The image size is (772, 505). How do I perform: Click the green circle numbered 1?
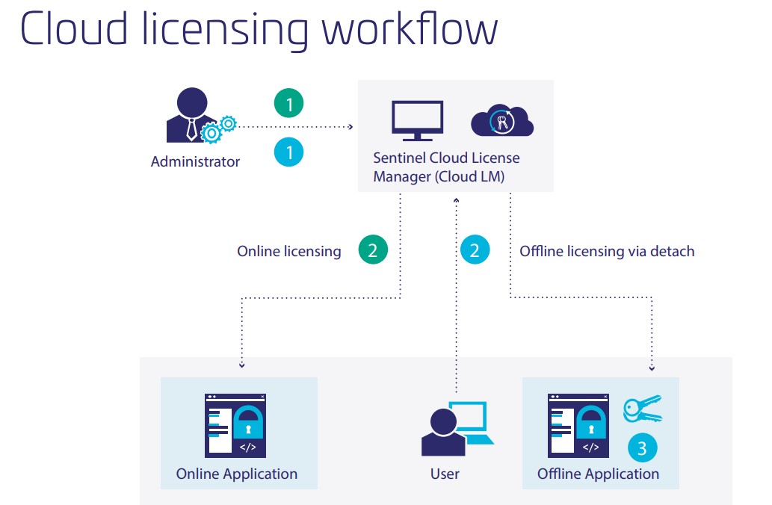(x=289, y=102)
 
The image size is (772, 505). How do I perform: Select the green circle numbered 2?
(x=373, y=250)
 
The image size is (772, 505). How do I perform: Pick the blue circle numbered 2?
(x=475, y=250)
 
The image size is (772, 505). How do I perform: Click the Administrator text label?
(x=195, y=161)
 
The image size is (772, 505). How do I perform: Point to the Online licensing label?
(x=288, y=251)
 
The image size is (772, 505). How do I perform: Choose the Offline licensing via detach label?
(x=607, y=251)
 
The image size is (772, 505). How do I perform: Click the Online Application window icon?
(x=236, y=425)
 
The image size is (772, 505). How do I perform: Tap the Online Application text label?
(x=236, y=474)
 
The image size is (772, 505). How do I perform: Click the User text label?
(x=445, y=474)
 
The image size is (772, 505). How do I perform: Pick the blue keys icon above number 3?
(x=642, y=409)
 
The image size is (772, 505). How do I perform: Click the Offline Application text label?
(x=598, y=474)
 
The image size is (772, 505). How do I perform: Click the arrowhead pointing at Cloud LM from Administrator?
(x=351, y=127)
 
